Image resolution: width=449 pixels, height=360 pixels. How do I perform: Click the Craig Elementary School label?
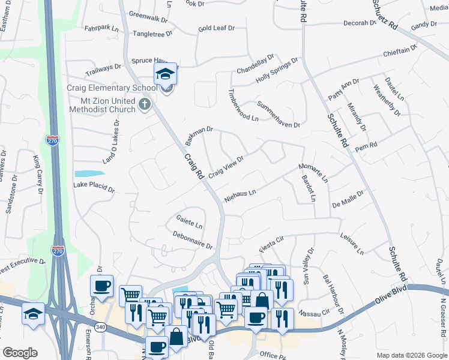tap(112, 88)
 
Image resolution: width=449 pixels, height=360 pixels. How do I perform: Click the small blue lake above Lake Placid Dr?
tap(85, 173)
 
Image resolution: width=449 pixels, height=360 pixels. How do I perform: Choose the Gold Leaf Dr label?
tap(216, 28)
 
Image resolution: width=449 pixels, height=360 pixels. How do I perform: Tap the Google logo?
tap(20, 353)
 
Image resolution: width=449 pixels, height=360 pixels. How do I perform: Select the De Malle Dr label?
tap(348, 202)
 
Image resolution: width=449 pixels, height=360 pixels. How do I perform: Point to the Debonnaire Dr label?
tap(192, 241)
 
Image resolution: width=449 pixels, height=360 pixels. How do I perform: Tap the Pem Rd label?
tap(366, 146)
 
